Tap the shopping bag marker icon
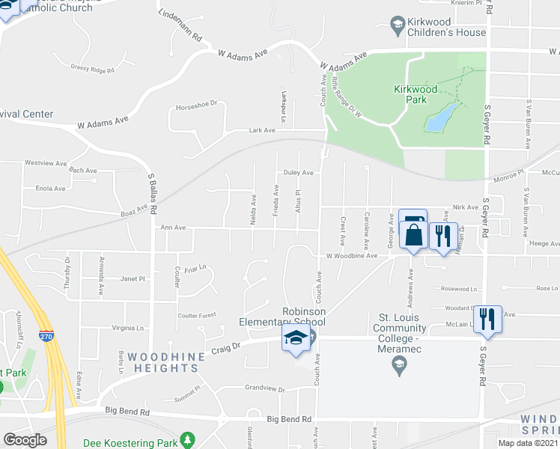coord(413,234)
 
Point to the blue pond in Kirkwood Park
coord(440,116)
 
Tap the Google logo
coord(25,439)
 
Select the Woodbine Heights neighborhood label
coord(162,362)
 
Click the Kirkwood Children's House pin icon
coord(398,26)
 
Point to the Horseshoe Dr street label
coord(195,105)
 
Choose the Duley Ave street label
coord(297,173)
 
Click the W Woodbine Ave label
coord(352,256)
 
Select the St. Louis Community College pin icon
coord(399,366)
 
